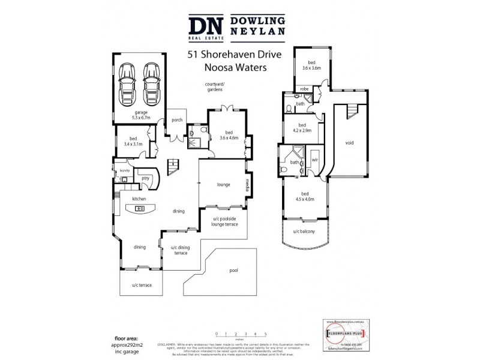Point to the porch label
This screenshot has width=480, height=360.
(x=177, y=120)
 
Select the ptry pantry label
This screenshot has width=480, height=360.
(x=145, y=178)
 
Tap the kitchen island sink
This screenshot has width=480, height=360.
(x=139, y=208)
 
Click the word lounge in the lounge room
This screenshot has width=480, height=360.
(x=224, y=184)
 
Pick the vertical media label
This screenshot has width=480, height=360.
(x=246, y=186)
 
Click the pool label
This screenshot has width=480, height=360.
(x=233, y=271)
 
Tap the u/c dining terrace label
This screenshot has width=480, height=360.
(x=181, y=250)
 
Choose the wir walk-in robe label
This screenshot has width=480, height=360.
(x=314, y=161)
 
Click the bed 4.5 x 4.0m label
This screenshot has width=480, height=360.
(x=305, y=196)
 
